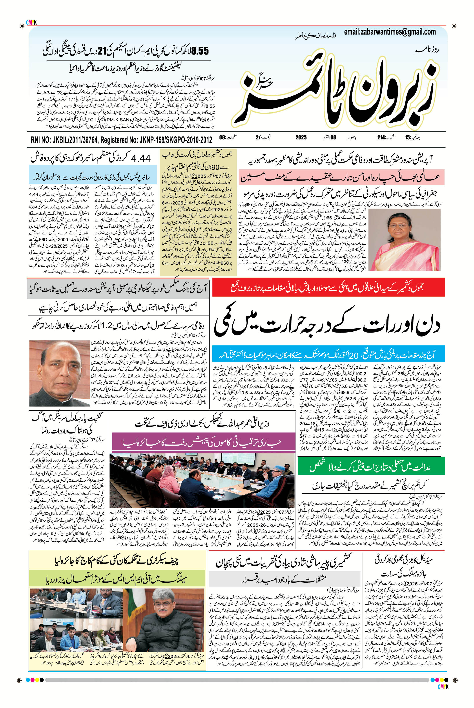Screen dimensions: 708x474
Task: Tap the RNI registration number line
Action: click(x=121, y=140)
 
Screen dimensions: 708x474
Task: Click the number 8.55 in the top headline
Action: click(x=200, y=51)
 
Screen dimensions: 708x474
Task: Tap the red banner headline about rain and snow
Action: click(x=328, y=287)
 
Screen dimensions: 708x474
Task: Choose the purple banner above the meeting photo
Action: click(x=203, y=442)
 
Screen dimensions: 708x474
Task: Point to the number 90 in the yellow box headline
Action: click(x=217, y=167)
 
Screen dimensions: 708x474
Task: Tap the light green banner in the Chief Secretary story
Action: click(x=117, y=578)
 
